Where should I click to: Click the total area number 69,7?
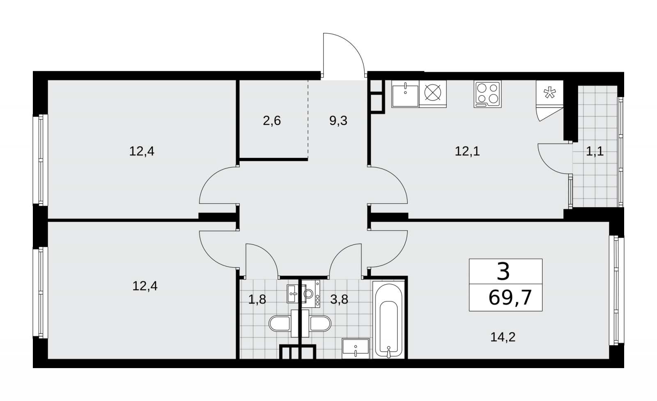click(x=510, y=298)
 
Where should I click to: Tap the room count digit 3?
click(x=503, y=272)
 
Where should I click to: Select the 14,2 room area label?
click(x=503, y=337)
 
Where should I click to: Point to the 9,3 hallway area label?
click(x=338, y=121)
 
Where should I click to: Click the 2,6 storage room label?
click(x=271, y=121)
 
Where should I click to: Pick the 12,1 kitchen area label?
click(x=467, y=151)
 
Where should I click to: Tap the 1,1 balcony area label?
click(x=595, y=151)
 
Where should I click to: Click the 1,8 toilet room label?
click(x=257, y=299)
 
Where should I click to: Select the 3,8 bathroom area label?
click(x=339, y=299)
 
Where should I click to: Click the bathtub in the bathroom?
click(x=388, y=320)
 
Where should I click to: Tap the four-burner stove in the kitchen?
click(x=487, y=94)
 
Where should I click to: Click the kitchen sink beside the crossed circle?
click(x=405, y=94)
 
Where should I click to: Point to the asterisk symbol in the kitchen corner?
click(x=550, y=93)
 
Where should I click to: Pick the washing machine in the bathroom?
click(x=311, y=294)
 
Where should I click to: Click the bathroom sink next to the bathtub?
click(x=356, y=348)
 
